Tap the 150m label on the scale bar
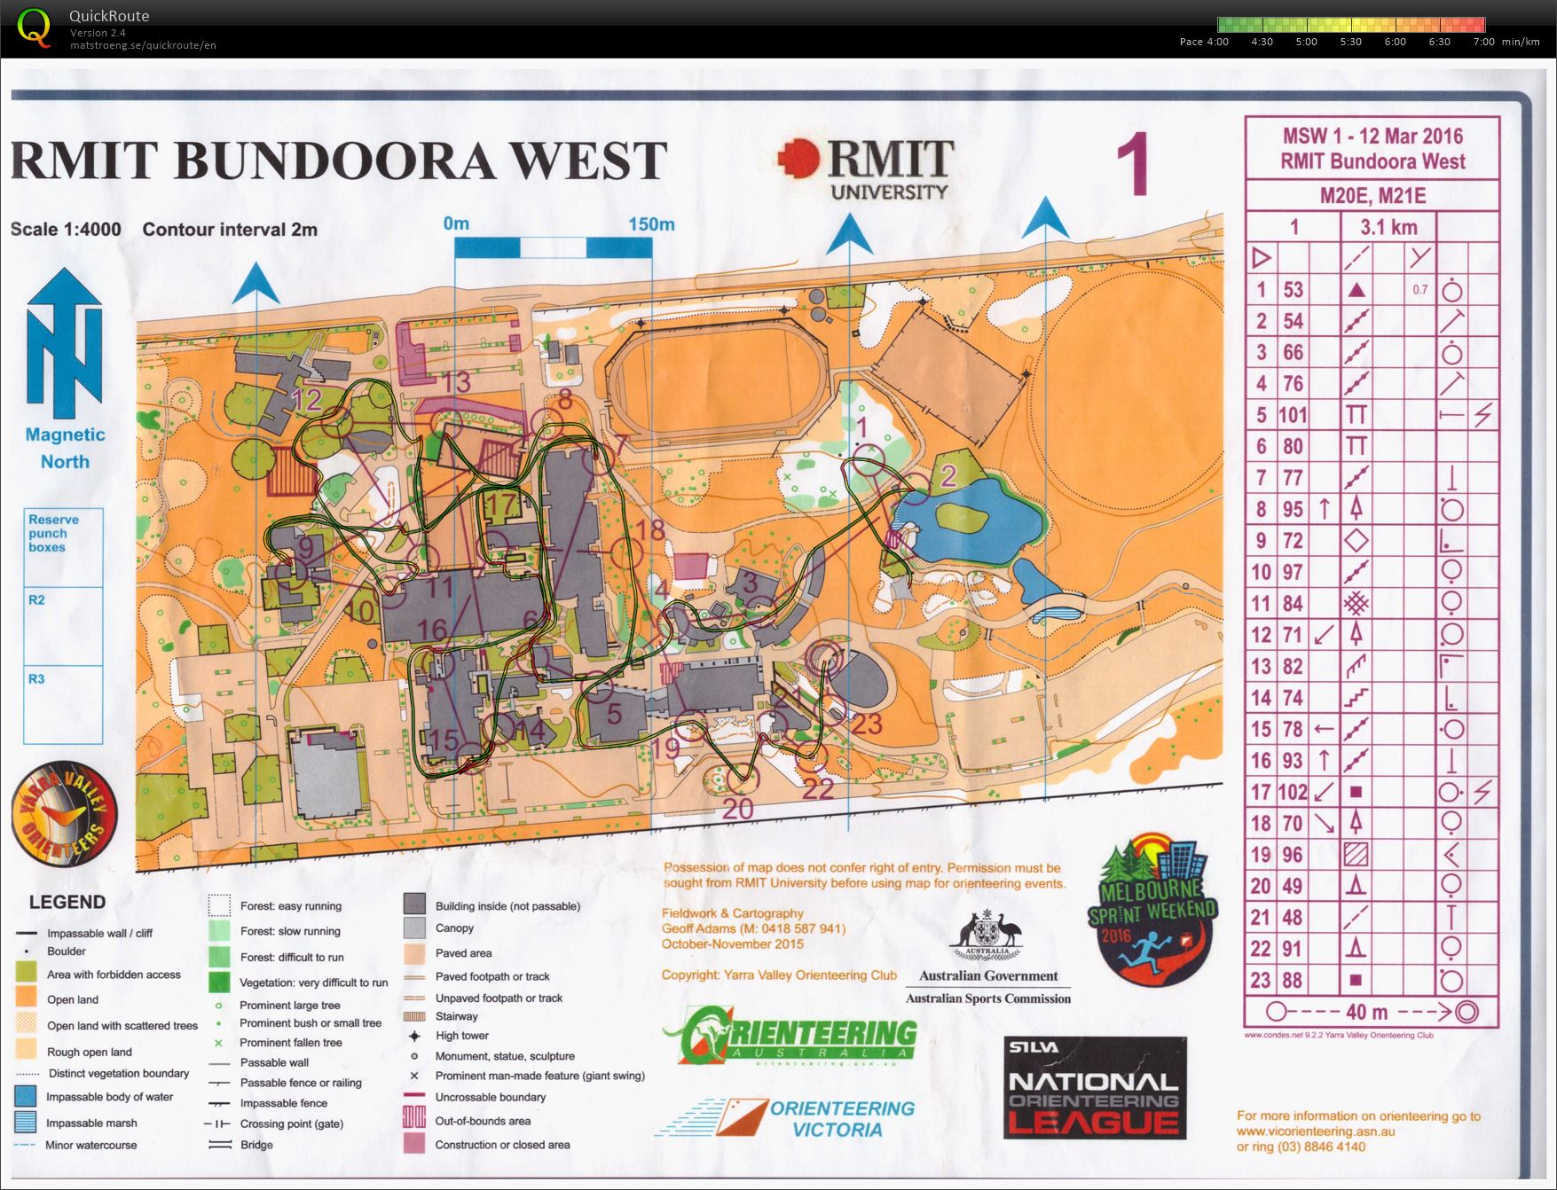pos(651,224)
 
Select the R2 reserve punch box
pos(63,626)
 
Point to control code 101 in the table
pos(1293,415)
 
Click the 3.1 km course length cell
pos(1388,227)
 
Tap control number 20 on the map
pos(737,808)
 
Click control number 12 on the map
pos(306,400)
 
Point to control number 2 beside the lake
pos(948,476)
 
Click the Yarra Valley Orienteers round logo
pos(64,814)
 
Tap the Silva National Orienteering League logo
pos(1094,1087)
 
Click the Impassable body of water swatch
pos(27,1097)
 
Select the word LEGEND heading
pos(67,902)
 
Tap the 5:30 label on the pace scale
pos(1350,42)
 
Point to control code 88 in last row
pos(1293,980)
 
